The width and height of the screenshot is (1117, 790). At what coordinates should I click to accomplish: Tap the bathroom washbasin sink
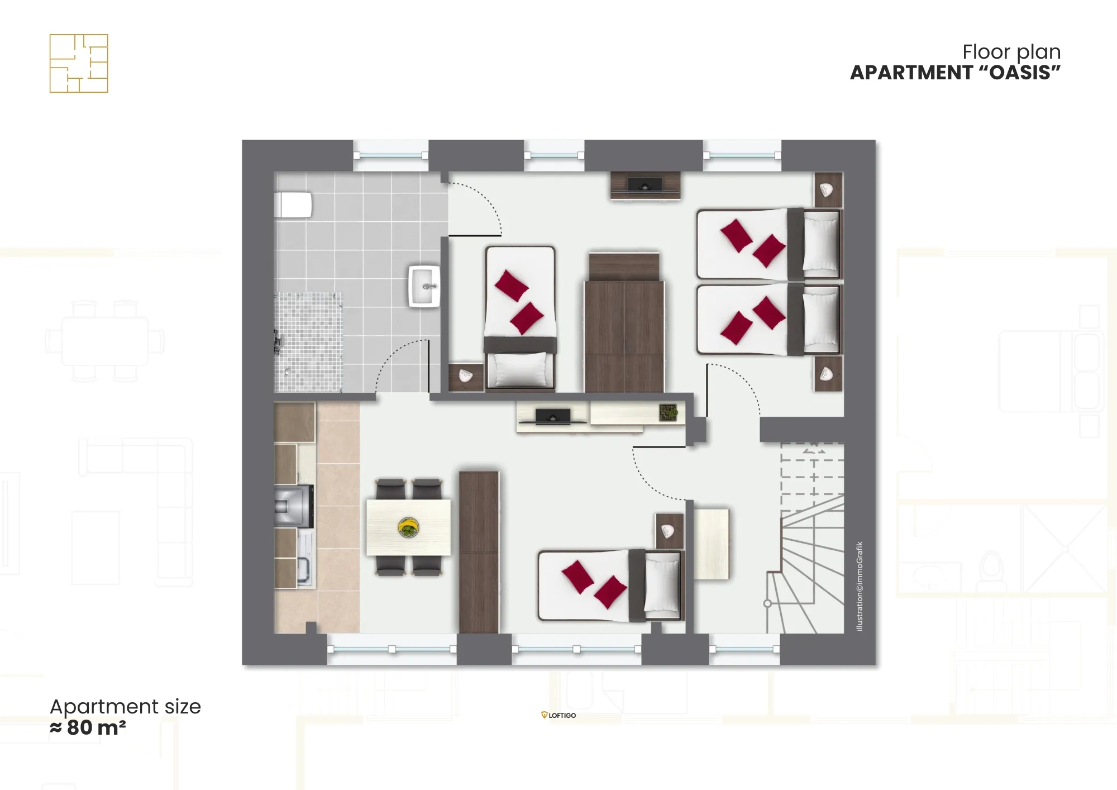pyautogui.click(x=424, y=287)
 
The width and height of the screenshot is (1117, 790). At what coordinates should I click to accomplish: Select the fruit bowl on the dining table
pyautogui.click(x=408, y=527)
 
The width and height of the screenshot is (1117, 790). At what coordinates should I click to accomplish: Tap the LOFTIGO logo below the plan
pyautogui.click(x=558, y=715)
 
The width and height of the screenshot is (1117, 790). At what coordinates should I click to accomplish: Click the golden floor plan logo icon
pyautogui.click(x=79, y=63)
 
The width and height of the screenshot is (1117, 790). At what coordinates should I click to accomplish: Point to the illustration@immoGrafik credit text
pyautogui.click(x=860, y=586)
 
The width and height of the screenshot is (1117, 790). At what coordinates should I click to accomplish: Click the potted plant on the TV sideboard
pyautogui.click(x=668, y=412)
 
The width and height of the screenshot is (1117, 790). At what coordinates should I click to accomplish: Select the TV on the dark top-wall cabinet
pyautogui.click(x=645, y=185)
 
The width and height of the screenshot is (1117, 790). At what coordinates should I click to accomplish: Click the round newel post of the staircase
pyautogui.click(x=767, y=603)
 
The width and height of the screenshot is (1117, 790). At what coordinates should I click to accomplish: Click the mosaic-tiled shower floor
pyautogui.click(x=308, y=342)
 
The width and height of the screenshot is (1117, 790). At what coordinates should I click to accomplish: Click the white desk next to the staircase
pyautogui.click(x=711, y=544)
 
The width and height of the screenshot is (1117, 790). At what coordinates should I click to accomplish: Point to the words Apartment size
pyautogui.click(x=125, y=707)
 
